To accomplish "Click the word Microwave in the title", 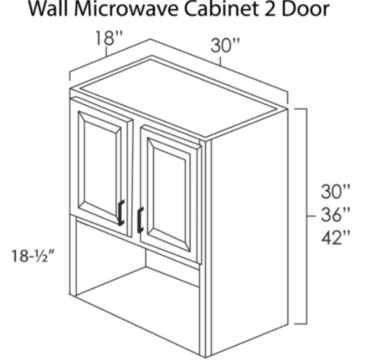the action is point(128,9).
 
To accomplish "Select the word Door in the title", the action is point(305,9).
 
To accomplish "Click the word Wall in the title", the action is point(50,9).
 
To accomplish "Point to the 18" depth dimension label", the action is point(108,38).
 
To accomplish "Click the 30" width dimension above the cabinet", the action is point(225,45).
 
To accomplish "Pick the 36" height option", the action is point(335,214).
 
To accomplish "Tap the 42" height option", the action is point(335,237).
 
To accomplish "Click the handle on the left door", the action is point(121,213).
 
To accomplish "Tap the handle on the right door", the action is point(140,220).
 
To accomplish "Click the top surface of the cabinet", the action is point(179,96).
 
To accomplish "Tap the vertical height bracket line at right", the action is point(306,216).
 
